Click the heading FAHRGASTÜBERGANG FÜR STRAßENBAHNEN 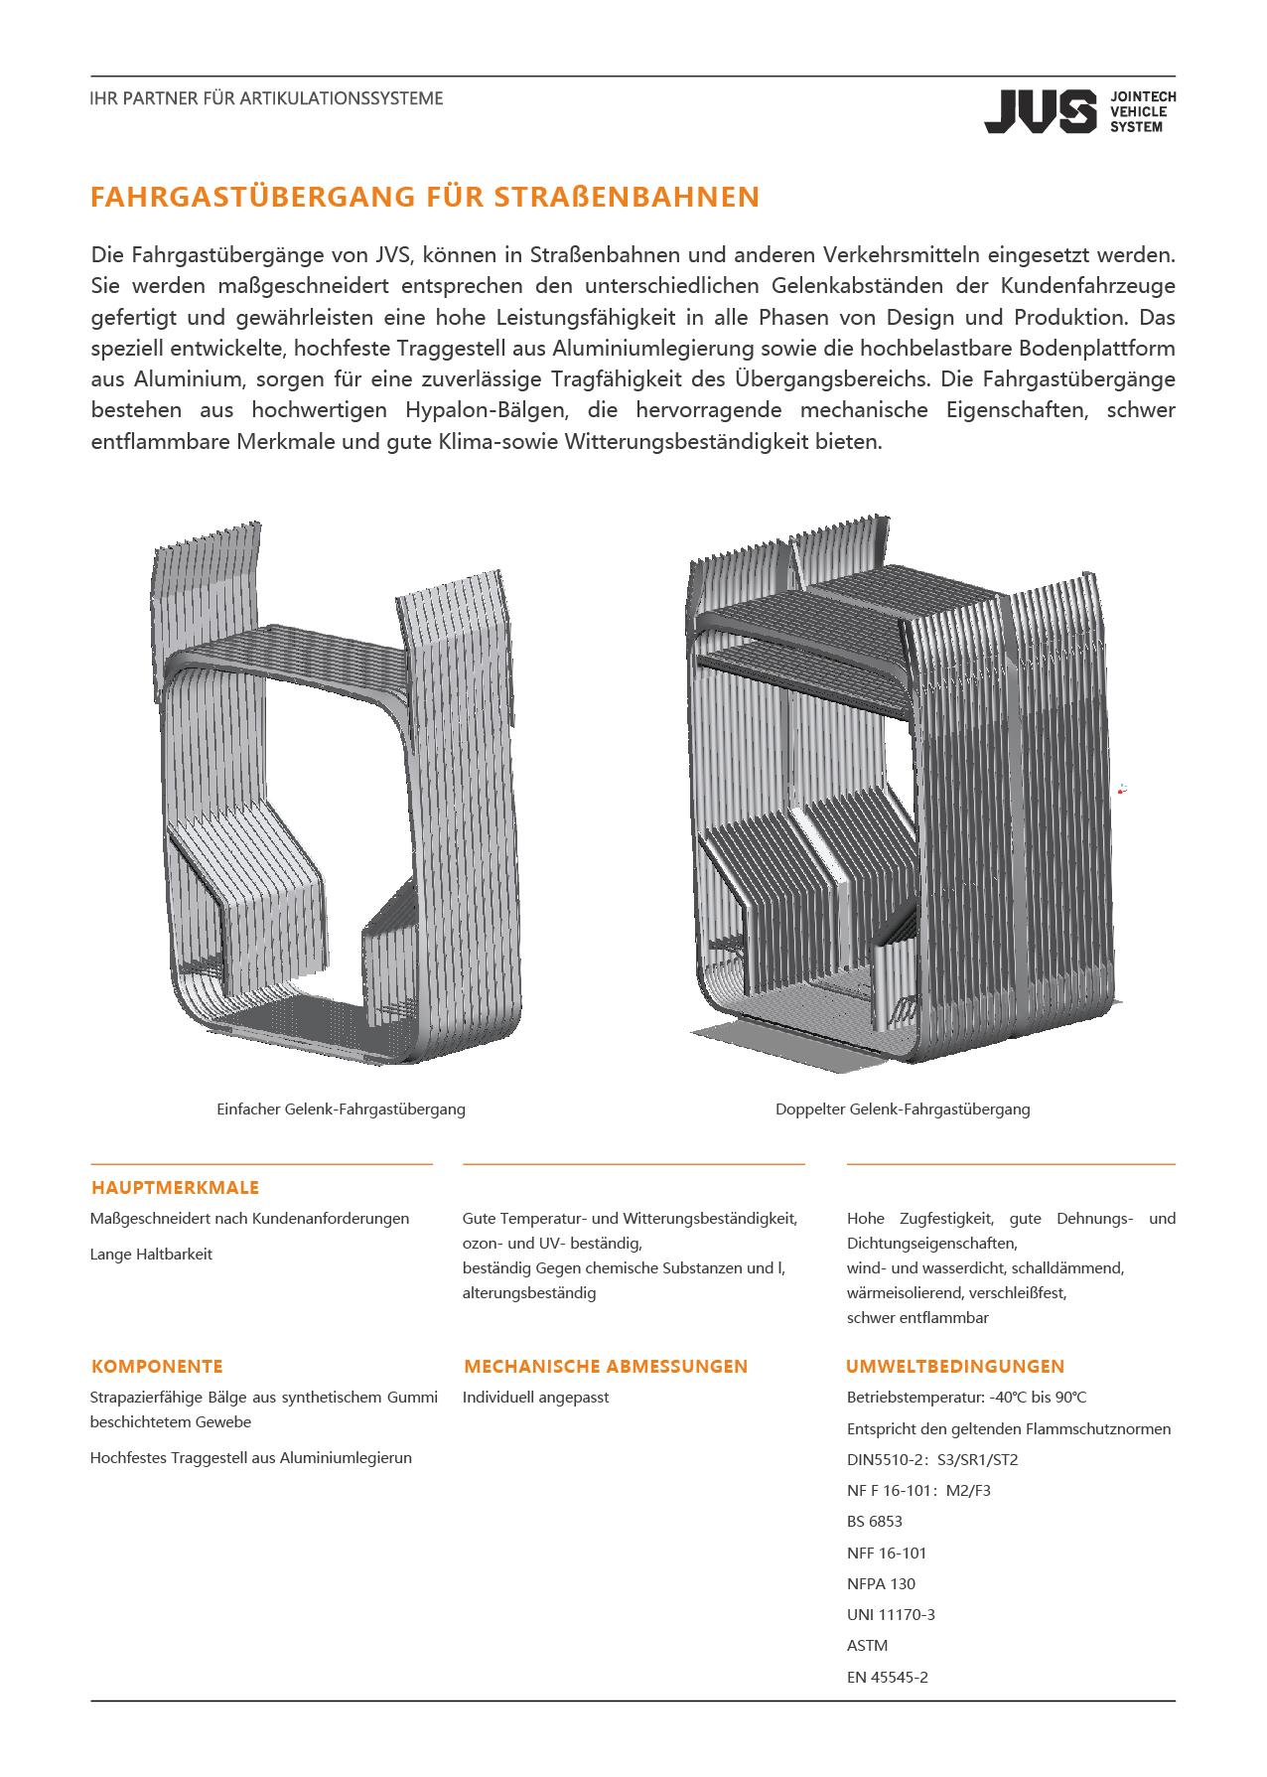(425, 197)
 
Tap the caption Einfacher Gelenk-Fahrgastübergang (341, 1110)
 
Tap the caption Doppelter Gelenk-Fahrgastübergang (903, 1110)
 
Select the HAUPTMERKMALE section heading (175, 1188)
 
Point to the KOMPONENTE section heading (157, 1367)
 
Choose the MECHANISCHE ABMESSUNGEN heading (606, 1367)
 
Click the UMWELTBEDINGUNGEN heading (955, 1367)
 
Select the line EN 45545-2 (888, 1678)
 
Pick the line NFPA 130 (882, 1584)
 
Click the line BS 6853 (875, 1522)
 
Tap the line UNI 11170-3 (891, 1615)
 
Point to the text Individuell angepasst (536, 1398)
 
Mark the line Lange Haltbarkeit (151, 1255)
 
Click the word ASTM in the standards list (868, 1646)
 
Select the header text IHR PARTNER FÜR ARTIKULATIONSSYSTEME (266, 99)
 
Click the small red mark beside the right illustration (1122, 790)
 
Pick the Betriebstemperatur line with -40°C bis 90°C (967, 1398)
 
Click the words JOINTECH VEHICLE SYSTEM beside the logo (1143, 112)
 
